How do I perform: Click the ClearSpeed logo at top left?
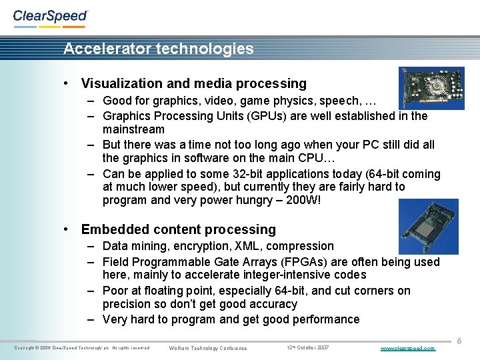[x=50, y=17]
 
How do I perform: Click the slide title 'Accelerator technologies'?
[x=159, y=49]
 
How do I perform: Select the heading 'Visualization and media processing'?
[x=193, y=83]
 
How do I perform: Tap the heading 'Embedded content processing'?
[x=178, y=229]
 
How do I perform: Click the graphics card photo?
[x=431, y=88]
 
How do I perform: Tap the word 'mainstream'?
[x=133, y=129]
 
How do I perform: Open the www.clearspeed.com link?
[x=407, y=348]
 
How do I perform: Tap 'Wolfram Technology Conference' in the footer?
[x=208, y=348]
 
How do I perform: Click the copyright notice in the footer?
[x=81, y=348]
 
